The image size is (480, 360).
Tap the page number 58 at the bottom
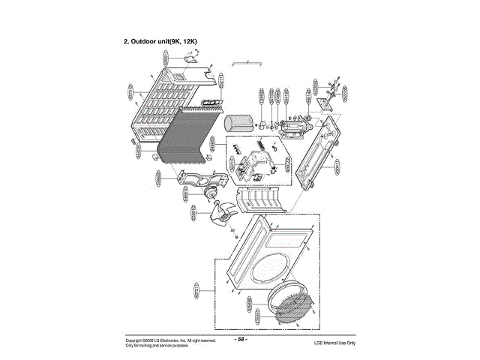(241, 339)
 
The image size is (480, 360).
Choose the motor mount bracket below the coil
(202, 178)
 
